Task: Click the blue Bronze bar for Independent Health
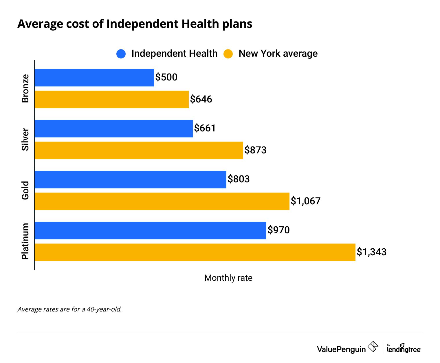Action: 94,78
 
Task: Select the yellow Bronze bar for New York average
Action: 111,100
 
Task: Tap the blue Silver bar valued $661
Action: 113,129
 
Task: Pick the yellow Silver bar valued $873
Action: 139,151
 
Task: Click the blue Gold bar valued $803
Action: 130,179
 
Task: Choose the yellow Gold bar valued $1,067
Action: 162,201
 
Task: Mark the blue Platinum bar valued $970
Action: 150,230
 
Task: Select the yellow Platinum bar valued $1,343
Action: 195,252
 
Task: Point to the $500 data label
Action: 166,77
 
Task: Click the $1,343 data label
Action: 371,252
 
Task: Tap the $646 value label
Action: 201,99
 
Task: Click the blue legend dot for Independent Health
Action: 121,54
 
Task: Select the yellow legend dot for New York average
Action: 228,54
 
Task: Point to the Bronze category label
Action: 25,89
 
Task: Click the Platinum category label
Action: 25,241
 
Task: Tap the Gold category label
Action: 25,190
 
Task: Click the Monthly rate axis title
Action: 228,278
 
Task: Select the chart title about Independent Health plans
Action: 135,24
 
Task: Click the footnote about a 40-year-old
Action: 70,309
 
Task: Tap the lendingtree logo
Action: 404,348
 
